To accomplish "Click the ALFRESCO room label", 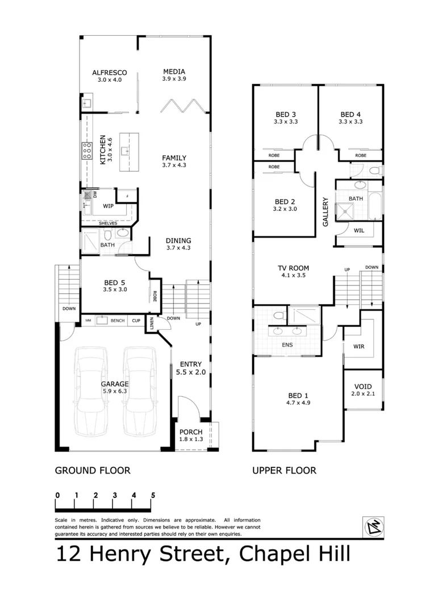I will click(109, 72).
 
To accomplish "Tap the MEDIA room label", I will click(174, 71).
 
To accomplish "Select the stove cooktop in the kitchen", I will click(87, 150).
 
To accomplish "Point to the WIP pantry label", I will click(108, 206).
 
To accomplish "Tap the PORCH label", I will click(191, 432).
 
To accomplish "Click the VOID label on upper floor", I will click(363, 386).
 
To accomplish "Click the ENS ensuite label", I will click(287, 345).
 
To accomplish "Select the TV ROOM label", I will click(293, 268).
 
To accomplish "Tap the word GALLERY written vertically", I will click(326, 212).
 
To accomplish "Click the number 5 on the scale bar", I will click(153, 495).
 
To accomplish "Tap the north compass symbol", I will click(373, 526).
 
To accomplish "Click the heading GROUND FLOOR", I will click(92, 470).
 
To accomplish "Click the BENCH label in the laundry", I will click(118, 321).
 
